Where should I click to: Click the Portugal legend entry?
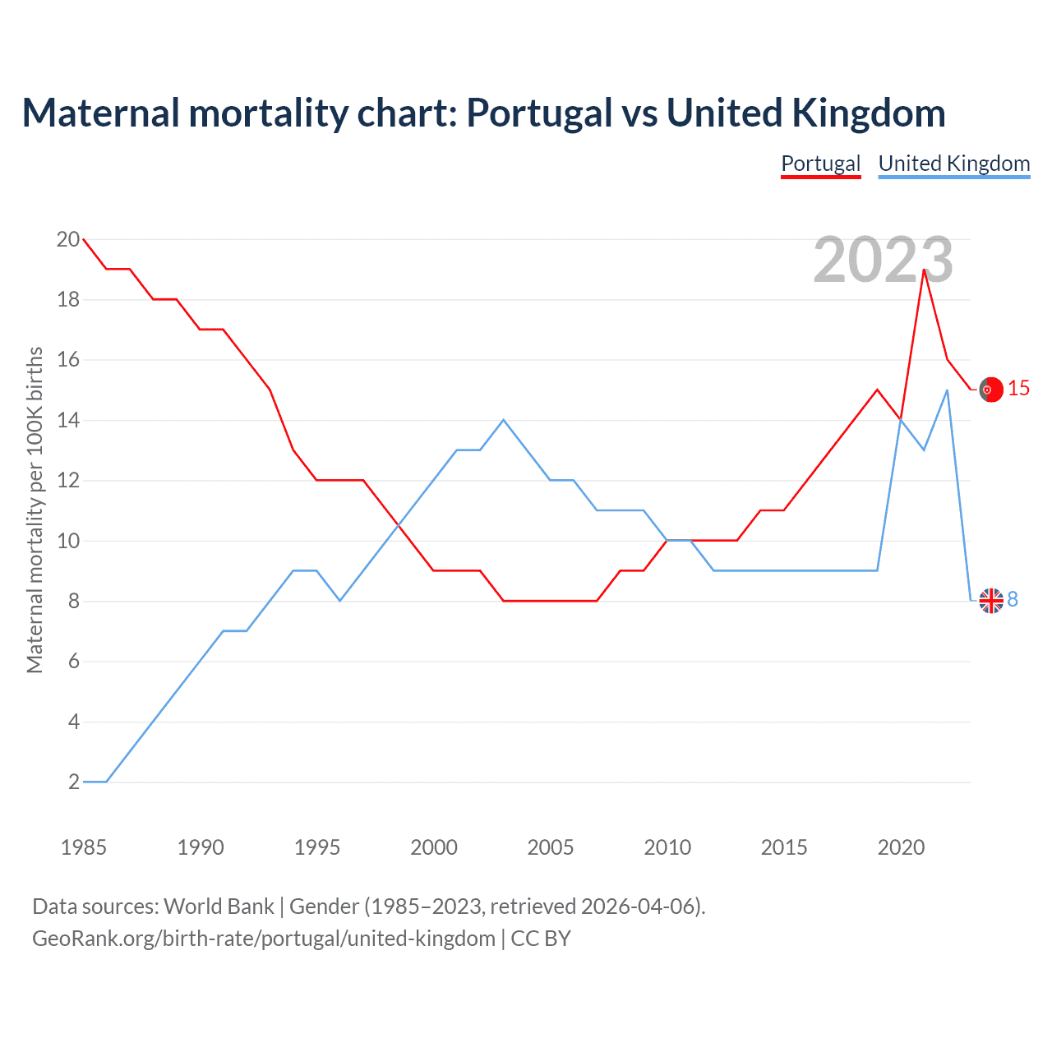click(820, 164)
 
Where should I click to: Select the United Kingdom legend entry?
click(953, 164)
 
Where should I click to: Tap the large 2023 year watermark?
click(883, 260)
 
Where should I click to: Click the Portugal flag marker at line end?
click(991, 390)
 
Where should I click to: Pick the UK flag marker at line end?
click(991, 601)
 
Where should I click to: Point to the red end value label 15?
click(1018, 389)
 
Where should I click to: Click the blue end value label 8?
click(1013, 600)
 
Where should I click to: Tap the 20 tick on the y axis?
click(68, 240)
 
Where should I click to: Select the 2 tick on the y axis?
click(74, 782)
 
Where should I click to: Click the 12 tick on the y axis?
click(68, 481)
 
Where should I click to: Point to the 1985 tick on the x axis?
click(84, 847)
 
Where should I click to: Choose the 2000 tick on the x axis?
click(434, 847)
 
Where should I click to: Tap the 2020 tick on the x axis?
click(901, 847)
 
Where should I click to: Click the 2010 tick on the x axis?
click(667, 847)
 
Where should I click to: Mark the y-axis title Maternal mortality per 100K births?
click(35, 510)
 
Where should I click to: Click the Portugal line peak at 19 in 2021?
click(925, 270)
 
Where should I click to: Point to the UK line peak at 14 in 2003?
click(504, 420)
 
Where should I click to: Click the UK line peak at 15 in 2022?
click(948, 390)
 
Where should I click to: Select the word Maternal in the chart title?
click(100, 113)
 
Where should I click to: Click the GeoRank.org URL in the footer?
click(263, 939)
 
